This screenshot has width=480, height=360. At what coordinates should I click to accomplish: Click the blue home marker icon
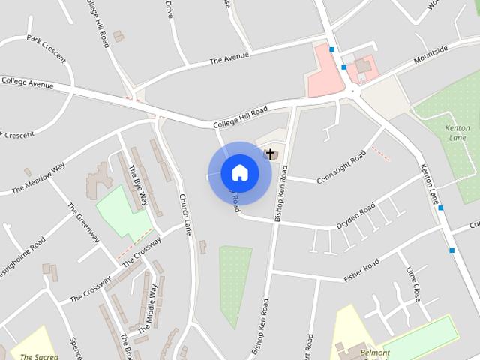[239, 172]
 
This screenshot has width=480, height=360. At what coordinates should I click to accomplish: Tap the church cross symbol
[270, 154]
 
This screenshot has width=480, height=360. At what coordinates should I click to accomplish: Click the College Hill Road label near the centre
[240, 117]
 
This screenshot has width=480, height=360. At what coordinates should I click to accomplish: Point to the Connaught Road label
[341, 166]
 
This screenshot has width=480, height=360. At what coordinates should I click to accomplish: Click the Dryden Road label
[356, 214]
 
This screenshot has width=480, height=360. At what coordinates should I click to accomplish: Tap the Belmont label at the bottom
[373, 352]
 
